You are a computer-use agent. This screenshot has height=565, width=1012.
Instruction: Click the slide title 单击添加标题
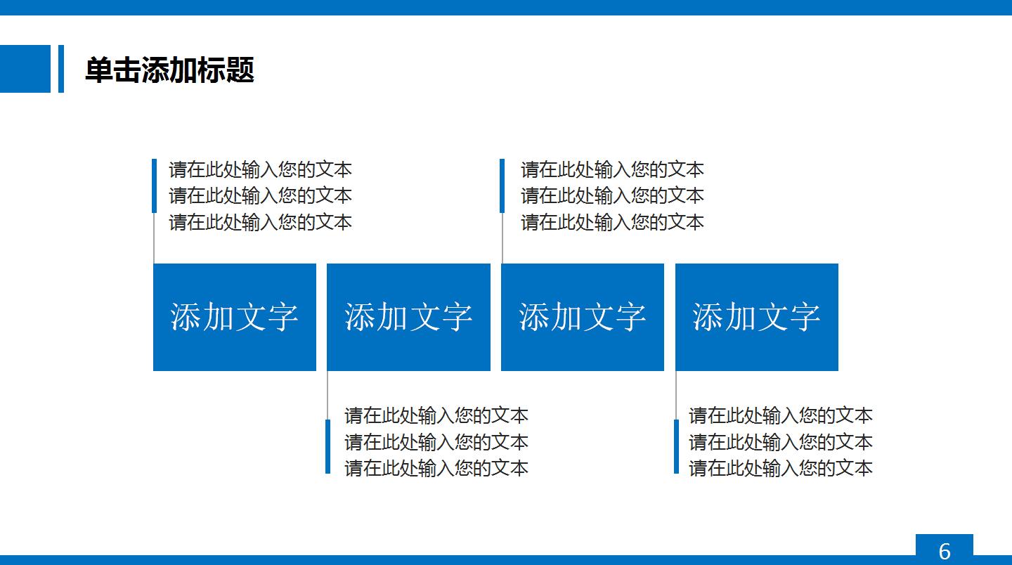[169, 70]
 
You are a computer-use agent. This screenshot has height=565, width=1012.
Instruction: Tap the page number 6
[944, 550]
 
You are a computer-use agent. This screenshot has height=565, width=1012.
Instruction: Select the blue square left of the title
[25, 69]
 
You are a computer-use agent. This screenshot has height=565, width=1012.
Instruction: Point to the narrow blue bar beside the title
[61, 69]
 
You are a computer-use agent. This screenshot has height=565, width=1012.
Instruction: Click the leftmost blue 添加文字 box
[235, 317]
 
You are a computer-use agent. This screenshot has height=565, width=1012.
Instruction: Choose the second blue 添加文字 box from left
[408, 317]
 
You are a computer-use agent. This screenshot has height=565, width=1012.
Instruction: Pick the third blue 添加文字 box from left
[582, 317]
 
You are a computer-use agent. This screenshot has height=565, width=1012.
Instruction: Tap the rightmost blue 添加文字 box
[756, 317]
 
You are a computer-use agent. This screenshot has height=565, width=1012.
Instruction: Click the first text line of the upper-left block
[260, 169]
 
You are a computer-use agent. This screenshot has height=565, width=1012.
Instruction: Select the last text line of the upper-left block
[260, 222]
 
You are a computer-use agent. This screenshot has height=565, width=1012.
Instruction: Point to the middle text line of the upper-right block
[612, 195]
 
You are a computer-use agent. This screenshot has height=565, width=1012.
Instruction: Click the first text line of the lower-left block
[436, 415]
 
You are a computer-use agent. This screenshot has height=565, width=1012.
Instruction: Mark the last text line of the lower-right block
[780, 468]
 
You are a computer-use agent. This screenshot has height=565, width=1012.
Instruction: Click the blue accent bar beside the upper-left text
[154, 186]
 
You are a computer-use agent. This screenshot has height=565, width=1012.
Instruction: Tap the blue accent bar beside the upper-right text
[502, 186]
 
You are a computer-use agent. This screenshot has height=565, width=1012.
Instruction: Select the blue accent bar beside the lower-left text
[327, 446]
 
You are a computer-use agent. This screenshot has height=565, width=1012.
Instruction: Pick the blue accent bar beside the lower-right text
[676, 446]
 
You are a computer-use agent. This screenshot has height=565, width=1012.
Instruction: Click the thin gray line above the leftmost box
[154, 239]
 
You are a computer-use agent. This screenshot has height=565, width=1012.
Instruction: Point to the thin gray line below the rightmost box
[676, 395]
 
